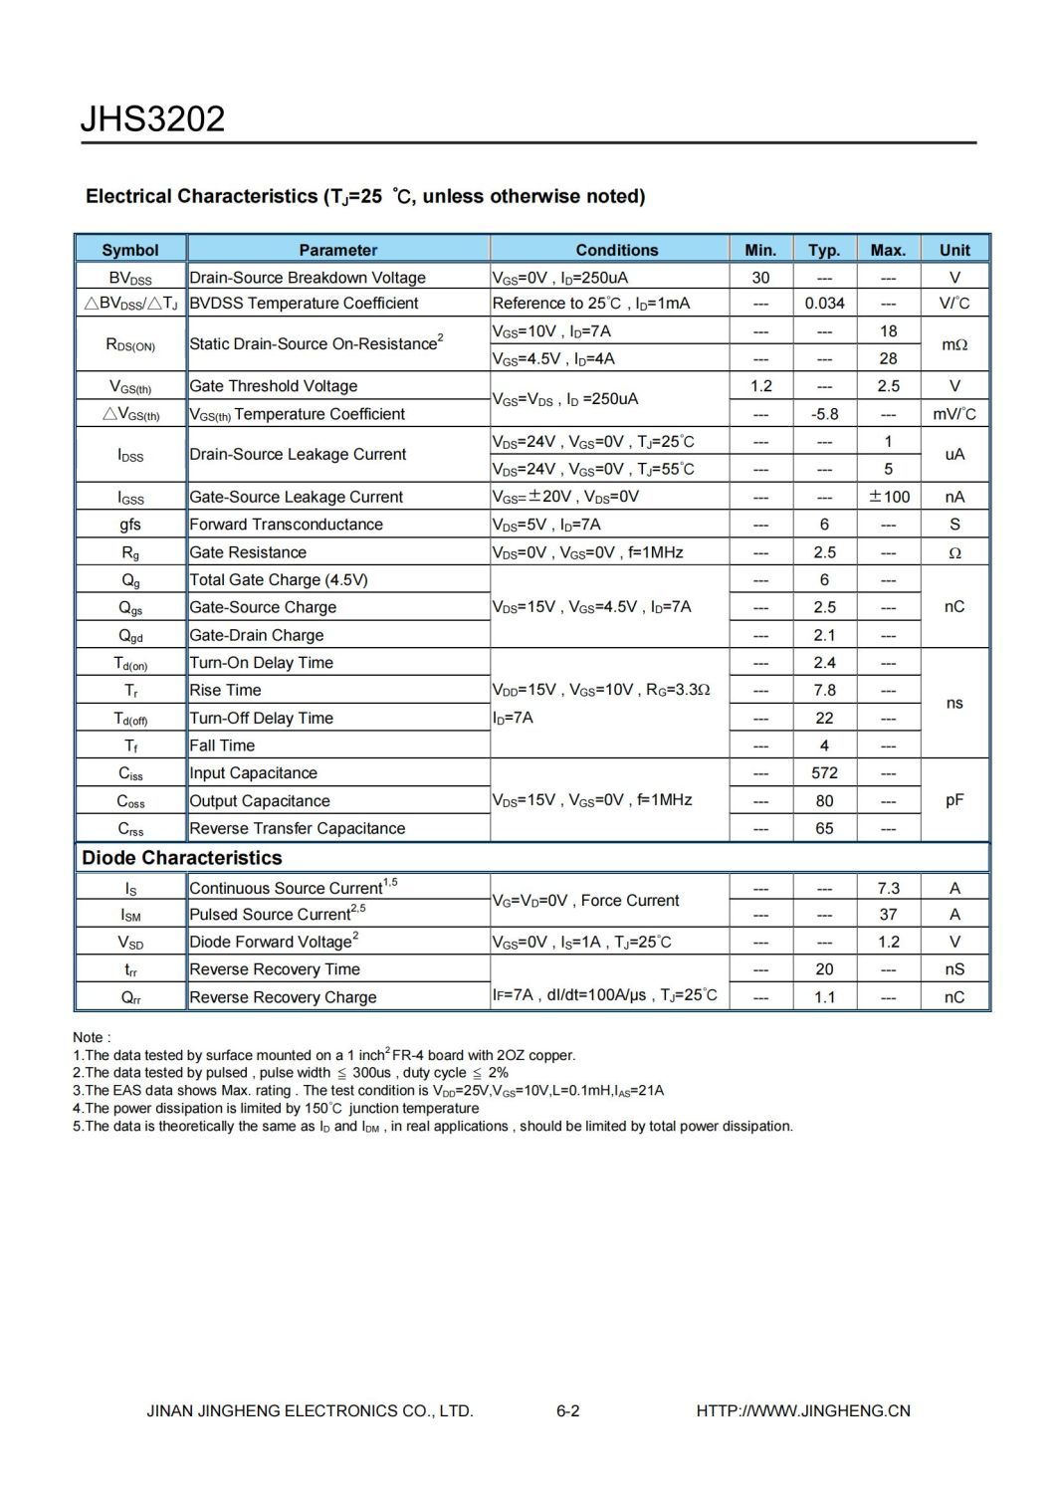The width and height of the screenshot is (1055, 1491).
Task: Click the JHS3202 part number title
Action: click(152, 119)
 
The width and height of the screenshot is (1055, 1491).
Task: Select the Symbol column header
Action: click(130, 250)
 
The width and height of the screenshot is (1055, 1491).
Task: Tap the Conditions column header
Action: click(616, 250)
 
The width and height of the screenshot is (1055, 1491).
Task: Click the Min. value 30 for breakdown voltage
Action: click(760, 278)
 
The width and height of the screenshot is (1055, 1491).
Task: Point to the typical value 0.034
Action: click(824, 304)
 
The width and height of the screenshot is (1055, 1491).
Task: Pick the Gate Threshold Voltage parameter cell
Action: click(274, 386)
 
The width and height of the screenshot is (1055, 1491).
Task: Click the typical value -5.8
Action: click(824, 414)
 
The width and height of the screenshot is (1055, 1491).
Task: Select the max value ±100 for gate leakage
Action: click(889, 497)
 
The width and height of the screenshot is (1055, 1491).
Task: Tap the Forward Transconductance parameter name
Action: click(286, 525)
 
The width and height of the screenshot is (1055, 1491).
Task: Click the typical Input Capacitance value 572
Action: click(824, 773)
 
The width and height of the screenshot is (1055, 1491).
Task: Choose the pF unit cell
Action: click(954, 800)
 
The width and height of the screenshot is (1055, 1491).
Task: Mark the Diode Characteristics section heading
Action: click(182, 858)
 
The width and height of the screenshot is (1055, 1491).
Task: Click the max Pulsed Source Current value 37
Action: click(888, 915)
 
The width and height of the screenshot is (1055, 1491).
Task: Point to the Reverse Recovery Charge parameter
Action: click(283, 997)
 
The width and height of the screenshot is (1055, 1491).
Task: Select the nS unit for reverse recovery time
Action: click(954, 969)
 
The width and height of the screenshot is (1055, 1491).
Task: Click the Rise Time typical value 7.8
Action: click(824, 690)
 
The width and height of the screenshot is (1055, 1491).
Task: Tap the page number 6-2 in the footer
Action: click(568, 1410)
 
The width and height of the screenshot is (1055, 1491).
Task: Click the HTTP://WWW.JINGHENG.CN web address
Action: click(803, 1410)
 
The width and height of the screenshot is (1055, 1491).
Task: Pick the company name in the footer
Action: click(310, 1410)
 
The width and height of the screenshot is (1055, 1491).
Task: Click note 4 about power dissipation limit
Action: click(276, 1108)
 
